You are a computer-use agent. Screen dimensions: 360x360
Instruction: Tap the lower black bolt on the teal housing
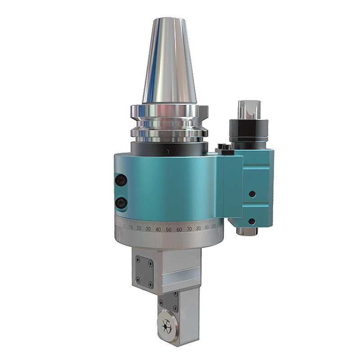[x=121, y=203]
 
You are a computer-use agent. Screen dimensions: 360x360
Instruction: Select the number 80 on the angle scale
[x=198, y=228]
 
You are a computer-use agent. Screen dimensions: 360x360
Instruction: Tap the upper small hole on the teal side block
[x=252, y=194]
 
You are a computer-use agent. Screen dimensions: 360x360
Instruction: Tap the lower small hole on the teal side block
[x=252, y=221]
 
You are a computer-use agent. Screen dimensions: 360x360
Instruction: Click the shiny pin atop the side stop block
[x=248, y=109]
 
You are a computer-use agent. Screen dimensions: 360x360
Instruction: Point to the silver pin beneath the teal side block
[x=247, y=231]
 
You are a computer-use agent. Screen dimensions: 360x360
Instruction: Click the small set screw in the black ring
[x=166, y=151]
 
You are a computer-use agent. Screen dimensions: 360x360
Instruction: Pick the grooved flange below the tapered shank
[x=170, y=121]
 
